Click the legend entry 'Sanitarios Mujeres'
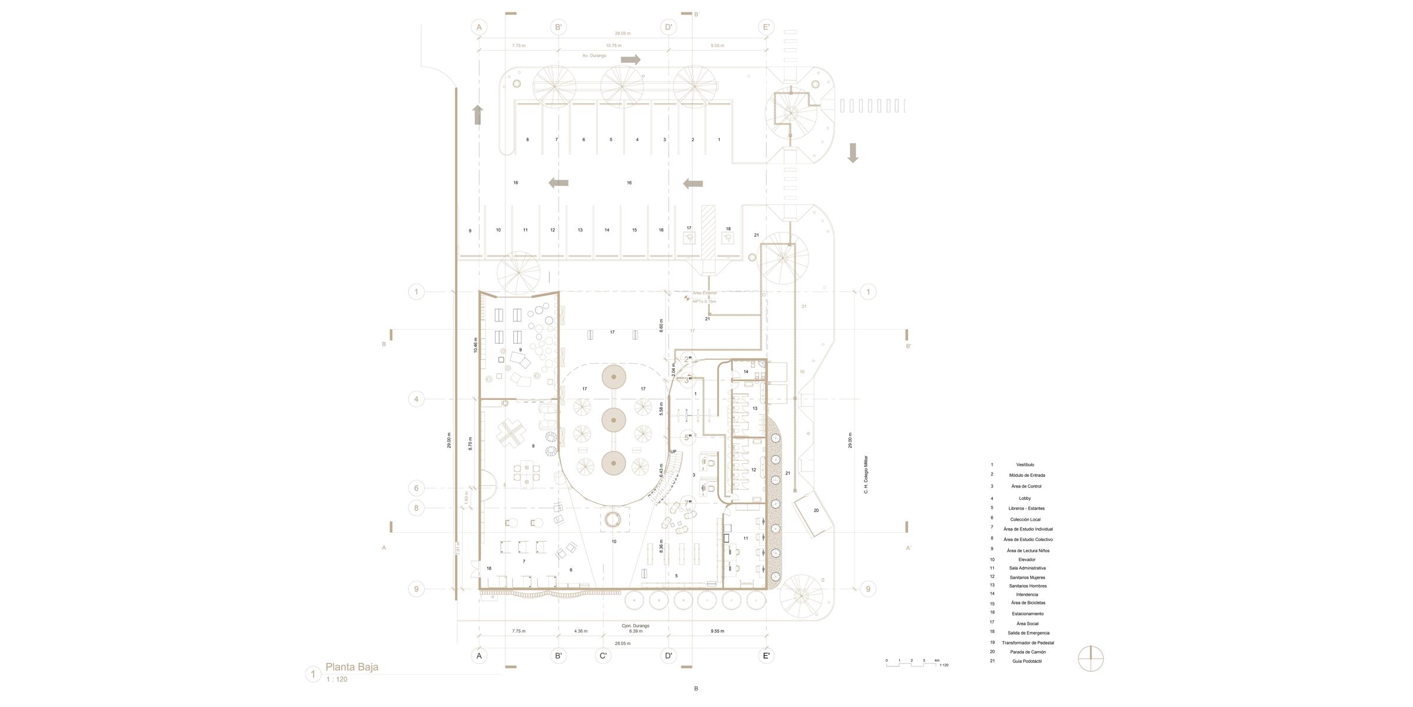[x=1027, y=577]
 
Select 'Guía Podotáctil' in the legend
[x=1027, y=661]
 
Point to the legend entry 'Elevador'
[x=1026, y=560]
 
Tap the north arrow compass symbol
[x=1090, y=659]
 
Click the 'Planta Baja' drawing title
[x=351, y=667]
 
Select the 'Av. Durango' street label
[x=594, y=56]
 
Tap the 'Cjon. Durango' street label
[x=635, y=626]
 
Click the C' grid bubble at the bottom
[x=603, y=656]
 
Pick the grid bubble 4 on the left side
[x=416, y=399]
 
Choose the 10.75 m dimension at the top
[x=613, y=46]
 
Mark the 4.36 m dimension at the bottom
[x=580, y=631]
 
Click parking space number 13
[x=580, y=230]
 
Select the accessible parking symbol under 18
[x=728, y=238]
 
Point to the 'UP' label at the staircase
[x=673, y=452]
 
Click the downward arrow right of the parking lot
[x=853, y=152]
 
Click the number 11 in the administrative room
[x=746, y=538]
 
